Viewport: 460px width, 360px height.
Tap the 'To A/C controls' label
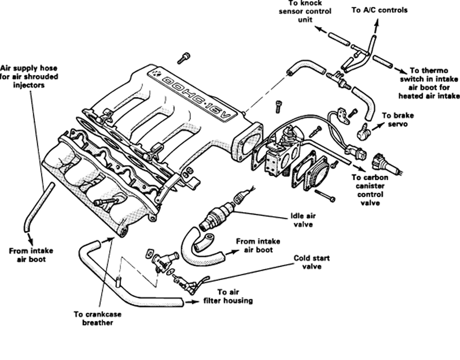pos(379,10)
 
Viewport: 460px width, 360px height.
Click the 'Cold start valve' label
pos(312,263)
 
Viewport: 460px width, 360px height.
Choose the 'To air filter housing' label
pos(229,297)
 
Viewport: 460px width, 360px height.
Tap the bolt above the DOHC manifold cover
pos(184,58)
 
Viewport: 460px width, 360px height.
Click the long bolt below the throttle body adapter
pos(325,196)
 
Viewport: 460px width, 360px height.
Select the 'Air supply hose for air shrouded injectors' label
pos(29,77)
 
